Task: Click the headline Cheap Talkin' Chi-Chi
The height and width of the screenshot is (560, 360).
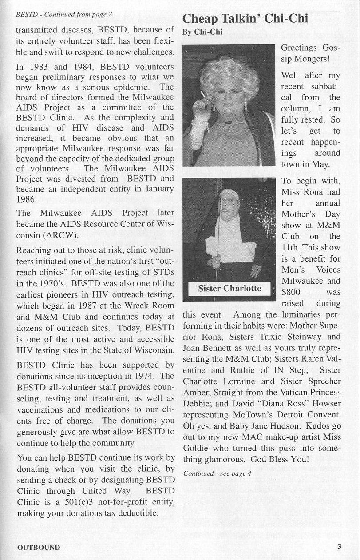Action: pos(245,19)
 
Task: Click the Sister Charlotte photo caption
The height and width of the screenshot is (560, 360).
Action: pos(229,289)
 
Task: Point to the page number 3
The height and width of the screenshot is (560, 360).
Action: pos(339,547)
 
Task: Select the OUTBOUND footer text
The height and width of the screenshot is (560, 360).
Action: pos(38,547)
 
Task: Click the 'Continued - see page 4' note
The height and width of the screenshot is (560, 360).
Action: pos(218,473)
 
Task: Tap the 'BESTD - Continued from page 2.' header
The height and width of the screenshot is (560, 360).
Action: pos(65,14)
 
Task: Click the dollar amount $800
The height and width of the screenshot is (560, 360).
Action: pos(291,292)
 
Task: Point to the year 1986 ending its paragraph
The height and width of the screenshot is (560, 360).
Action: pos(27,200)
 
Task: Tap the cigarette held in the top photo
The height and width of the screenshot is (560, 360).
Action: pos(203,95)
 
